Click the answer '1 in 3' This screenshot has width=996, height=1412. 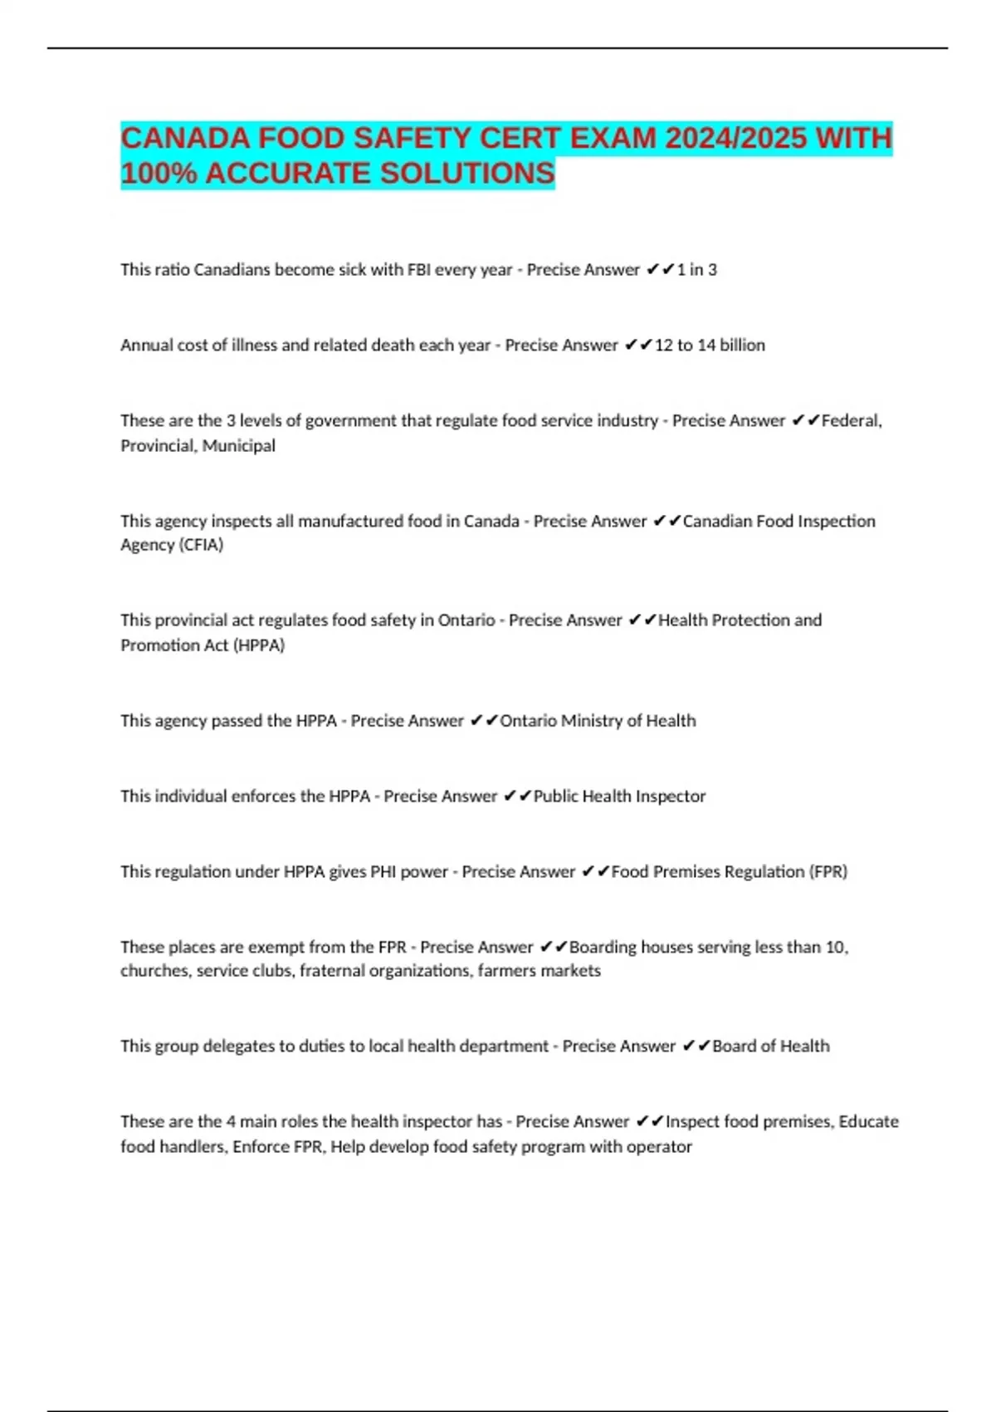pos(696,270)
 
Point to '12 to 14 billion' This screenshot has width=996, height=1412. pos(710,346)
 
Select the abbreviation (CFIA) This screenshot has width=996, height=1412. pos(198,545)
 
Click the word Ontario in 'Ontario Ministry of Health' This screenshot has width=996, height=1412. pos(528,721)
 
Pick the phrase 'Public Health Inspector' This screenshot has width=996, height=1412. pos(619,797)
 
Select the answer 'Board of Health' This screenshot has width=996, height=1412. pos(770,1047)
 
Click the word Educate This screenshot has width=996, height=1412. pos(868,1122)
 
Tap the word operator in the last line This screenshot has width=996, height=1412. pos(662,1147)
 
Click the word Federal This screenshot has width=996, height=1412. pos(851,421)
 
